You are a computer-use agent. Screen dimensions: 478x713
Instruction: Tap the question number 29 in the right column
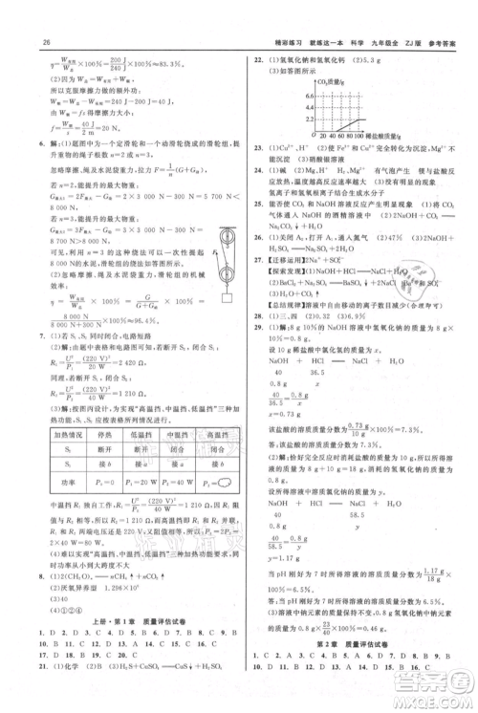[256, 355]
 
